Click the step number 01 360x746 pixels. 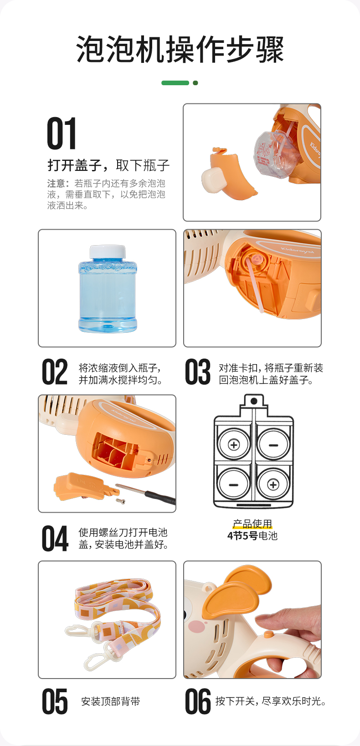(x=62, y=133)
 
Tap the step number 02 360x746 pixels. (x=55, y=372)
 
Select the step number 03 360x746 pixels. (x=197, y=372)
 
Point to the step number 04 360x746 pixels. (x=55, y=538)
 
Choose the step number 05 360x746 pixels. (x=55, y=701)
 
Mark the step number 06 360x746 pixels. (x=198, y=701)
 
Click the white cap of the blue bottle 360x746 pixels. (x=108, y=252)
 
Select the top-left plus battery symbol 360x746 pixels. (x=234, y=445)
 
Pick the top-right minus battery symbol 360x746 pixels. (x=273, y=445)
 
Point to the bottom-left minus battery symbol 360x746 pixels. (x=233, y=484)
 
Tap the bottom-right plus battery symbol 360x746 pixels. (x=273, y=484)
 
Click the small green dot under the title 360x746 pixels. (x=195, y=83)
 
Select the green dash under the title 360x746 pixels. (x=175, y=83)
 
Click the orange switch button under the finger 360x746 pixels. (x=268, y=634)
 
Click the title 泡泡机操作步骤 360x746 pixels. (x=180, y=49)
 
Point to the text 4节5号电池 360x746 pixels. (x=252, y=536)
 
